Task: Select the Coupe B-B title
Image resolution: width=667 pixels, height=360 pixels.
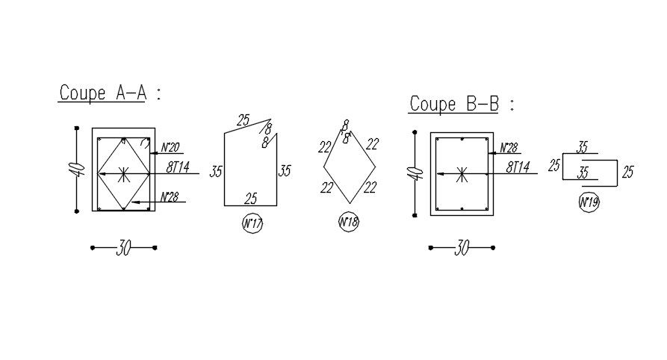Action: point(454,104)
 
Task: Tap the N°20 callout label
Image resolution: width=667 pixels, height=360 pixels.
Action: point(170,148)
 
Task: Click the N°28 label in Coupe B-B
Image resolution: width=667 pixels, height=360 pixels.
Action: point(509,148)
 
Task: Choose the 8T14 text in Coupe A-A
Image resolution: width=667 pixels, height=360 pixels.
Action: point(179,167)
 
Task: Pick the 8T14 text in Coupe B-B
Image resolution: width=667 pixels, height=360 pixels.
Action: point(517,167)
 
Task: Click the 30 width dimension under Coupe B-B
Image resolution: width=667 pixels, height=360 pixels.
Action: point(462,248)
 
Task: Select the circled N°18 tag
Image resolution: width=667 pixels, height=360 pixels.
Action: point(349,222)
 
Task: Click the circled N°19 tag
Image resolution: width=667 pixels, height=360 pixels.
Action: point(589,202)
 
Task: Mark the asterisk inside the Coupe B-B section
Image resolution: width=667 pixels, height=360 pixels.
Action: point(462,175)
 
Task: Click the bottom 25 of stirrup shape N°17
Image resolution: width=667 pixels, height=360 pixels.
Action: point(251,199)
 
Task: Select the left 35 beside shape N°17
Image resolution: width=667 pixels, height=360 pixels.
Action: point(216,172)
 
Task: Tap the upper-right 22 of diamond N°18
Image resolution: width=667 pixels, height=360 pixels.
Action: point(372,144)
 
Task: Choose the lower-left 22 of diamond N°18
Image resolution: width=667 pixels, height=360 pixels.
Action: point(326,188)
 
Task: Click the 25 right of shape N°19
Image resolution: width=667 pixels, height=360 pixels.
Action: point(627,172)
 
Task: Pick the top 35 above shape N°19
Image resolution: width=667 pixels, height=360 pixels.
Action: point(583,148)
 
